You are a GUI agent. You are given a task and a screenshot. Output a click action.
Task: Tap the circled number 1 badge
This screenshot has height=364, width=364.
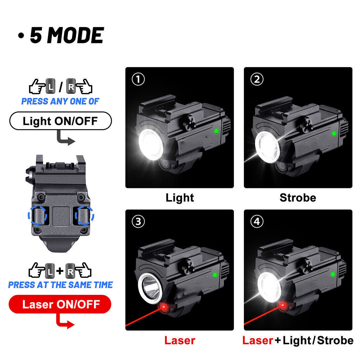point(138,79)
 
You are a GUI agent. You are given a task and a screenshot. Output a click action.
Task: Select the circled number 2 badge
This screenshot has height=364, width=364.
point(257,79)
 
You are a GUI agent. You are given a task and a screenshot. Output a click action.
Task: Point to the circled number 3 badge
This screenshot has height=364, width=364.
point(138,222)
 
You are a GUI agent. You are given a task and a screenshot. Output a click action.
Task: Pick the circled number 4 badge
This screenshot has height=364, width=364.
point(257,222)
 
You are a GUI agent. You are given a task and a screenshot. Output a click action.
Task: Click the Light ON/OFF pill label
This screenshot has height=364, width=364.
point(60,121)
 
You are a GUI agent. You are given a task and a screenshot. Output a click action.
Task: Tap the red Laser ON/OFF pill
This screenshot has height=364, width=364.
point(60,304)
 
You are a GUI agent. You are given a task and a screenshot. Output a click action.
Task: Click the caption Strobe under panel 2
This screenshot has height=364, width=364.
point(298,198)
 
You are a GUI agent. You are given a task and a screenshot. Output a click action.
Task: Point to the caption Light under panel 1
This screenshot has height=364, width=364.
point(180,198)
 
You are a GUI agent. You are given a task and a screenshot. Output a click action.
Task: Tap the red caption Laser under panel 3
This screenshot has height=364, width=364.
point(180,341)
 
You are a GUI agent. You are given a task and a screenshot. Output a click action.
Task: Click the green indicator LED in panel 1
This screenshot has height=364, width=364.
point(215,131)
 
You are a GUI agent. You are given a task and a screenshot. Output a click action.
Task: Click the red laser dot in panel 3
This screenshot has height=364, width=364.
point(163,308)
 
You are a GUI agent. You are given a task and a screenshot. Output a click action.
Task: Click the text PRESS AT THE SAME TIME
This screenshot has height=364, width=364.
point(60,285)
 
